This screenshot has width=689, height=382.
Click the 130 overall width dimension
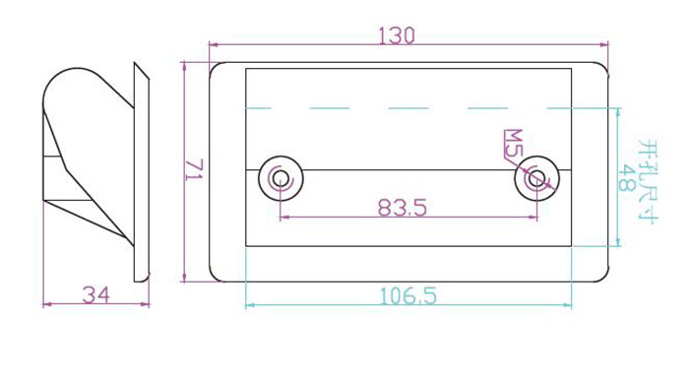point(397,36)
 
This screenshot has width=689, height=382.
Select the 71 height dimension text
point(194,169)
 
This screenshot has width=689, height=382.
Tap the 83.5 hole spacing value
point(403,208)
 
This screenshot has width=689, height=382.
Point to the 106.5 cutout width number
point(408,295)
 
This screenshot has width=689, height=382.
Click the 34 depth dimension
point(96,295)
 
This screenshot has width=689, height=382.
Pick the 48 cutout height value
point(626,177)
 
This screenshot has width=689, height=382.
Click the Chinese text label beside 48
point(648,181)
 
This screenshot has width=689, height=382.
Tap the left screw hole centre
point(281,178)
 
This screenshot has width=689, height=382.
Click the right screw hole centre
point(537,178)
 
